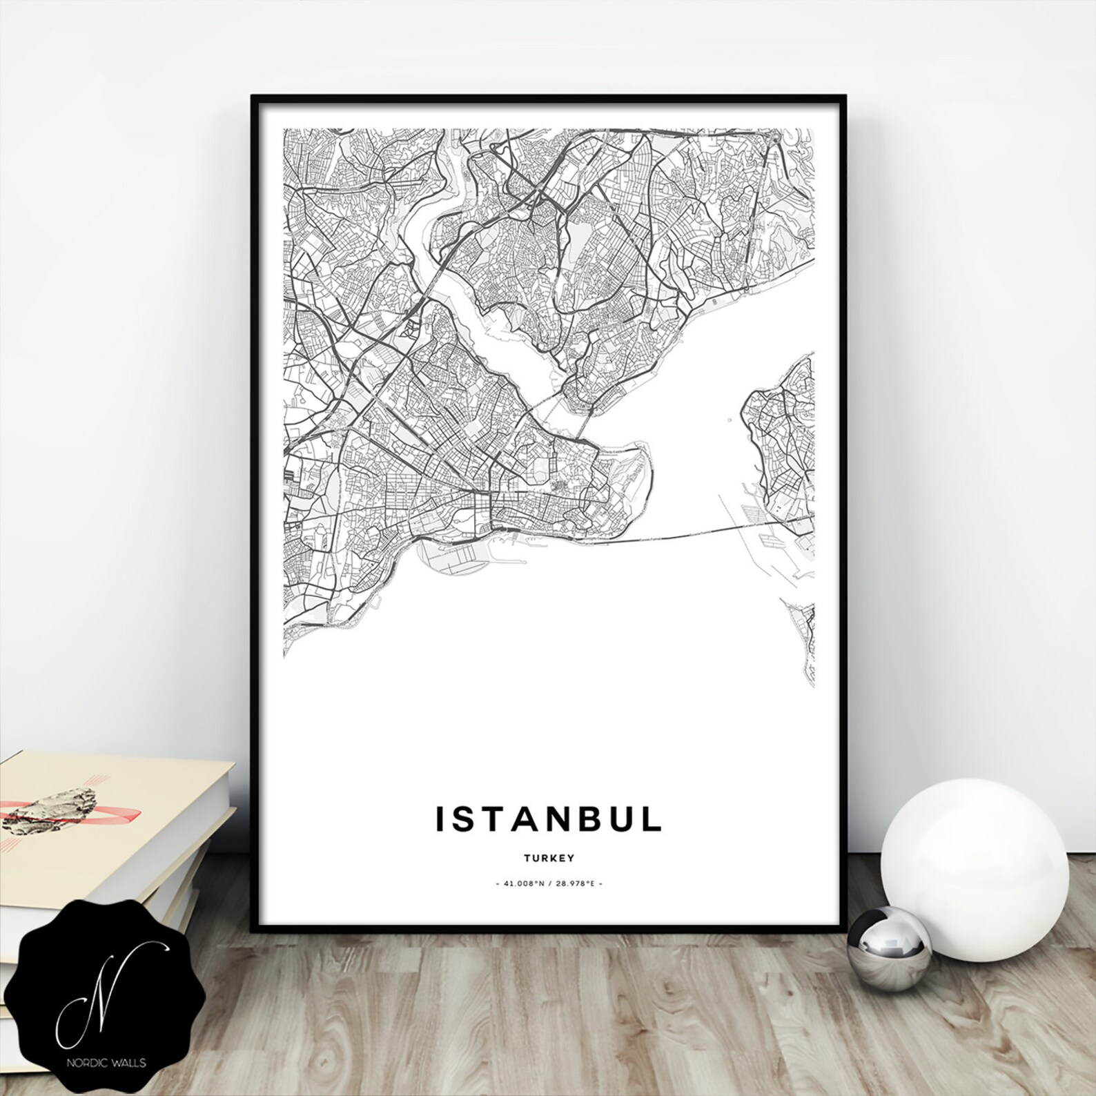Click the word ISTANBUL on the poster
(549, 819)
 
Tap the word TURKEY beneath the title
(549, 859)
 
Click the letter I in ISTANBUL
(439, 819)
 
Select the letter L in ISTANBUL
(653, 819)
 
